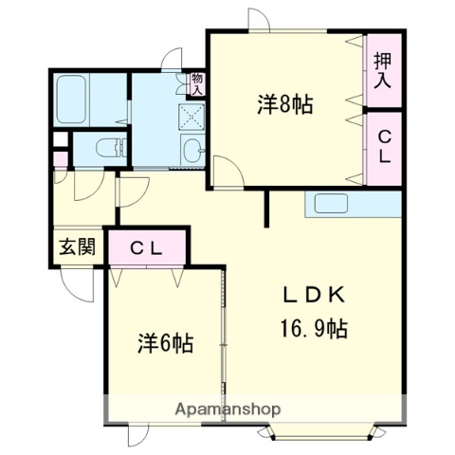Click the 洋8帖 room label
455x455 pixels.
coord(284,104)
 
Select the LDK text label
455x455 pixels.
coord(313,293)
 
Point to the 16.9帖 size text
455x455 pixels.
coord(313,329)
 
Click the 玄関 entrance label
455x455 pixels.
coord(78,248)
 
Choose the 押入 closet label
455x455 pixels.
coord(382,71)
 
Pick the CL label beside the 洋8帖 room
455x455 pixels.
coord(382,149)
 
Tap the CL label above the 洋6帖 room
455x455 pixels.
coord(149,248)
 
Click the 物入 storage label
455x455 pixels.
coord(196,83)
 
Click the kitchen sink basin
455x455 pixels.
coord(332,204)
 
